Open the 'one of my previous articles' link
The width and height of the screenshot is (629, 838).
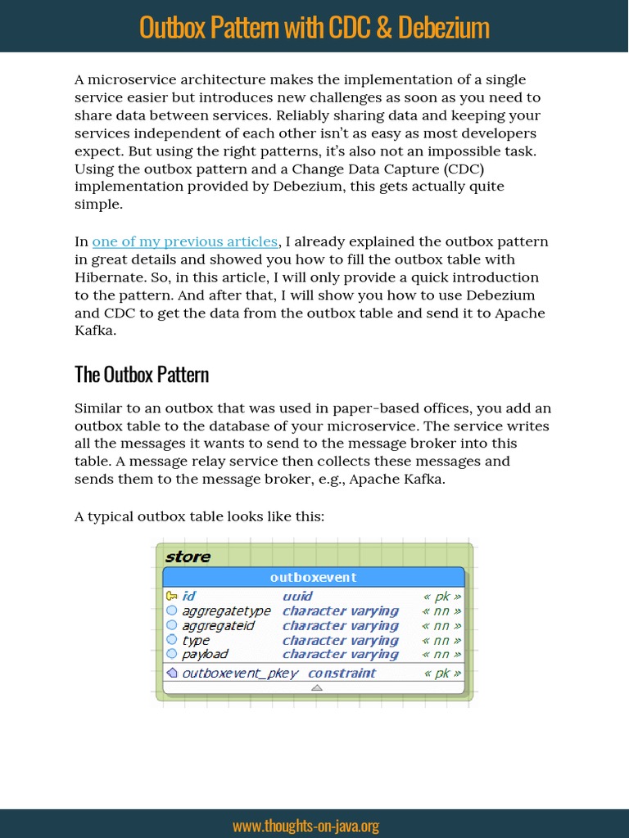[185, 241]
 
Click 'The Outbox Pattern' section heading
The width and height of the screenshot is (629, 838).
[142, 375]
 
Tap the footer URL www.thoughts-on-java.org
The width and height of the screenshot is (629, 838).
[305, 826]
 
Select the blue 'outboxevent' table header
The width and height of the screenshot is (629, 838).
[314, 577]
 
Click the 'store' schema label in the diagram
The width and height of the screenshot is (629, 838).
[188, 556]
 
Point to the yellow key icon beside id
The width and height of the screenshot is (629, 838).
[171, 597]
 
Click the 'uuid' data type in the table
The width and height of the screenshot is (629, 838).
[297, 597]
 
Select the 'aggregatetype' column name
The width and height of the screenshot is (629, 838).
[226, 611]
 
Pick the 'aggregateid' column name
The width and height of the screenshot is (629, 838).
[218, 626]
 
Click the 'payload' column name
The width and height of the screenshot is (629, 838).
[205, 655]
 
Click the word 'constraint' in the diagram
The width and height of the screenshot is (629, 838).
[342, 674]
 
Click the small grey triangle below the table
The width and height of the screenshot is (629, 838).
[317, 687]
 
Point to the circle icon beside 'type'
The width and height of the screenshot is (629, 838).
[171, 640]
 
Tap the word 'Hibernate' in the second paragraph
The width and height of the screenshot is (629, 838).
[109, 277]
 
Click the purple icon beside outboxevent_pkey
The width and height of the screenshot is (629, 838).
[171, 674]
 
